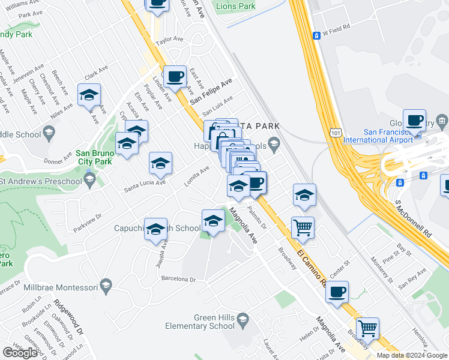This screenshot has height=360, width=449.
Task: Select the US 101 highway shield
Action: pos(335,131)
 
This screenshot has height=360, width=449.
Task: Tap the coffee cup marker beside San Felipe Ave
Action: pos(175,77)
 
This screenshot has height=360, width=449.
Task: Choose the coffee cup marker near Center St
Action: pos(337,293)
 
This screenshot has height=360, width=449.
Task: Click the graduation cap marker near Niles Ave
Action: pos(89,95)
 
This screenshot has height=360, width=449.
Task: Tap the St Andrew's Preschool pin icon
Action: pos(90,181)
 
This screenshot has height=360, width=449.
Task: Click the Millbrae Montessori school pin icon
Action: pos(106,284)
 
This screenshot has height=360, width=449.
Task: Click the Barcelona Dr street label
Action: pos(178,279)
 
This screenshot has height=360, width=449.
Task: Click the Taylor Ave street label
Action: pos(169,39)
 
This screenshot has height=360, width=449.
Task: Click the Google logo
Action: pos(20,353)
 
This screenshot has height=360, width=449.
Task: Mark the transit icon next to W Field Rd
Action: pos(316,35)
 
